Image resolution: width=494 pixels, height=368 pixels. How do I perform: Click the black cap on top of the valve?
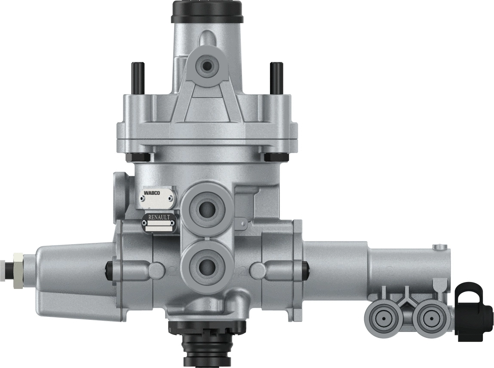click(207, 12)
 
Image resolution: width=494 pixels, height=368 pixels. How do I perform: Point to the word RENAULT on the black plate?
click(159, 218)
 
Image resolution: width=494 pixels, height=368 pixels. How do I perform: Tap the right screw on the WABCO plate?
click(171, 199)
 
